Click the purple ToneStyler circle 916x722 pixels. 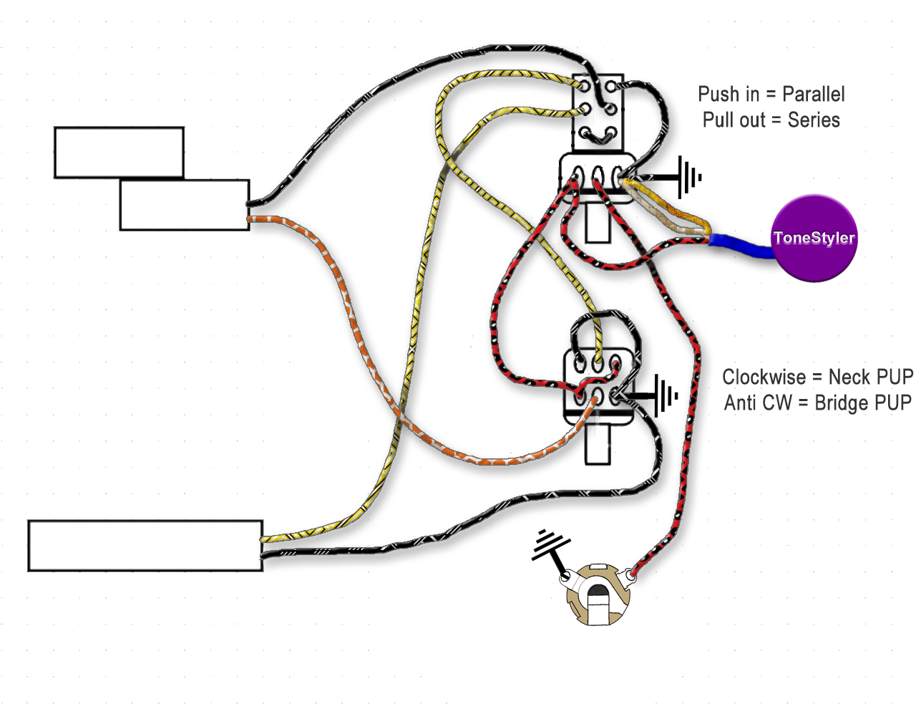pos(814,238)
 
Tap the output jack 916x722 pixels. pos(597,595)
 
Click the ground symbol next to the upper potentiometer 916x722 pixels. pos(687,177)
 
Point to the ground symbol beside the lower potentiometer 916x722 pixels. pos(665,395)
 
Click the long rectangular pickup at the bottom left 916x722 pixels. pos(145,546)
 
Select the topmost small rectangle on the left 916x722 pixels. pos(119,152)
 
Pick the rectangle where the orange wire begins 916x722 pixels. pos(184,206)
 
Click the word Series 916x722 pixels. pos(814,120)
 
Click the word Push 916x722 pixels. pos(718,95)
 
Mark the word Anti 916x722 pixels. pos(740,403)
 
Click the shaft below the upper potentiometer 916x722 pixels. pos(598,223)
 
